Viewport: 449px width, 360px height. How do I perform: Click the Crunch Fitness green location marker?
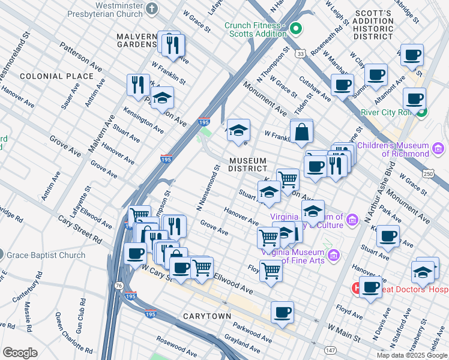click(x=295, y=28)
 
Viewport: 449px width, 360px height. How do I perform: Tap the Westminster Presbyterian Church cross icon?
click(x=152, y=9)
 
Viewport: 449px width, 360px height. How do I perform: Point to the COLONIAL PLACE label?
click(x=56, y=76)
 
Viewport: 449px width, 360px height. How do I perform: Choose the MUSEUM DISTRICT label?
click(x=247, y=164)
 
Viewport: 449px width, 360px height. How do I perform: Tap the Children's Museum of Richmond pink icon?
click(x=438, y=148)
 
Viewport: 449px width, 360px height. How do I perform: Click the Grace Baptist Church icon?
click(x=2, y=255)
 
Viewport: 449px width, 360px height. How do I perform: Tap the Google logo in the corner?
click(x=20, y=353)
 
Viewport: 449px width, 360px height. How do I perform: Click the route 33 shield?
click(x=300, y=54)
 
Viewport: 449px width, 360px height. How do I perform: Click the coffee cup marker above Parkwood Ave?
click(x=282, y=312)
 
